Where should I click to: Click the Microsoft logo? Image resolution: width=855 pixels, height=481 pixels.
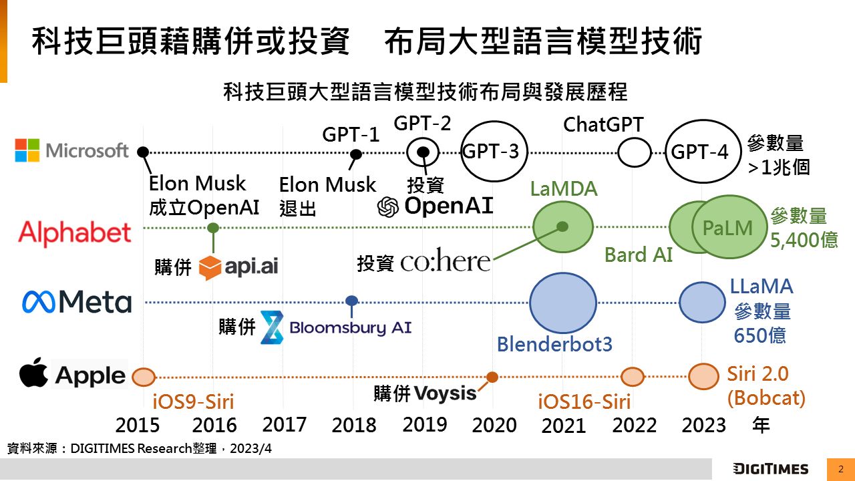tap(71, 150)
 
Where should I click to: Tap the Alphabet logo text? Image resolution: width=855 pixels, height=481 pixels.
tap(75, 233)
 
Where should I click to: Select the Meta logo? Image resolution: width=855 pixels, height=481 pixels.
tap(77, 302)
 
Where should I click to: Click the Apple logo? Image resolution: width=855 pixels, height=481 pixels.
tap(72, 374)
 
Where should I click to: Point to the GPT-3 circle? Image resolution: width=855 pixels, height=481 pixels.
tap(494, 152)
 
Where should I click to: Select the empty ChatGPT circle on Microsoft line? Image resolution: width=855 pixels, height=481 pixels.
tap(634, 153)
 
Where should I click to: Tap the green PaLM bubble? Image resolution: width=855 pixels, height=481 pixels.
tap(728, 227)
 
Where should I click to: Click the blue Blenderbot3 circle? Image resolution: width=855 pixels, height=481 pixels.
tap(562, 302)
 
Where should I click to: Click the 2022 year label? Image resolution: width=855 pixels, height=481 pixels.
tap(635, 425)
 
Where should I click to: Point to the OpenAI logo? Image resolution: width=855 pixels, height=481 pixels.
tap(436, 206)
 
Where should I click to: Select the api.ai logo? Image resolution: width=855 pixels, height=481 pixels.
tap(238, 267)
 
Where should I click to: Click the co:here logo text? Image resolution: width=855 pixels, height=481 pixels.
tap(446, 261)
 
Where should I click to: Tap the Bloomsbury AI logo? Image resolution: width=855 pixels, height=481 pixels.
tap(335, 327)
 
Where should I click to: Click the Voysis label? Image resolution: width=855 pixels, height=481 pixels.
tap(446, 393)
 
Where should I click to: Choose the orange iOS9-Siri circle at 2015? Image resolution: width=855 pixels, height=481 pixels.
tap(143, 377)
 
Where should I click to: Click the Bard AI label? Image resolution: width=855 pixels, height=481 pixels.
tap(638, 255)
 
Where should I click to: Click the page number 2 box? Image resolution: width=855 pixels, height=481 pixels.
tap(840, 468)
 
